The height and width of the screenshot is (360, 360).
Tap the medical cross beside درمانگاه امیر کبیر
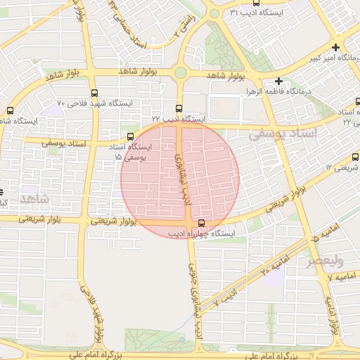pyautogui.click(x=338, y=47)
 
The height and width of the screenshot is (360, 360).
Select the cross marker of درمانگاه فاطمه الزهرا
pyautogui.click(x=279, y=82)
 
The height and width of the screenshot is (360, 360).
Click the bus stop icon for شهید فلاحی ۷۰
pyautogui.click(x=95, y=93)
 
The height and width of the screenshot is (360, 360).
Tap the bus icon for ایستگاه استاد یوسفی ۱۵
pyautogui.click(x=130, y=137)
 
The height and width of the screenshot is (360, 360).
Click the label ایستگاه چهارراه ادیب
pyautogui.click(x=205, y=233)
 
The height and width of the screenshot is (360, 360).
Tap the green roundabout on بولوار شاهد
pyautogui.click(x=181, y=72)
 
